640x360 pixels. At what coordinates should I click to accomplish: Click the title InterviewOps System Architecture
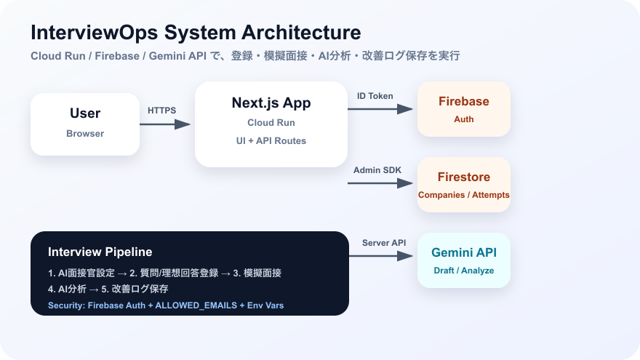click(x=196, y=33)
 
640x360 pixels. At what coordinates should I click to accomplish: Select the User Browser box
click(x=85, y=124)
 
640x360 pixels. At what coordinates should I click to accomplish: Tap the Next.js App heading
click(x=271, y=103)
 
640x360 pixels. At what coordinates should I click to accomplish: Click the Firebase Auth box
click(x=464, y=109)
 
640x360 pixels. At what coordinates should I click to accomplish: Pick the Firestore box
click(x=464, y=185)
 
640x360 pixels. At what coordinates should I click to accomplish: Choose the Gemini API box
click(x=464, y=260)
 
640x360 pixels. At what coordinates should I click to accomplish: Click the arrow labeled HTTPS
click(x=165, y=124)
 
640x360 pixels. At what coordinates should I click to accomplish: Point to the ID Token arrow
click(x=380, y=109)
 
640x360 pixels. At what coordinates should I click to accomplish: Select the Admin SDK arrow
click(x=380, y=183)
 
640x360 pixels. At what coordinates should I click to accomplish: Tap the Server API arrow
click(x=381, y=256)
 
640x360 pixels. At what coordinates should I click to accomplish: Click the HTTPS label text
click(x=161, y=111)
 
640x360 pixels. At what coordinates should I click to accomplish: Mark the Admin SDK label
click(x=377, y=170)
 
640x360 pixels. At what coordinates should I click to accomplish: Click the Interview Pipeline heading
click(x=100, y=252)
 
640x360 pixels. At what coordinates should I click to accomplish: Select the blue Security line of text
click(x=166, y=305)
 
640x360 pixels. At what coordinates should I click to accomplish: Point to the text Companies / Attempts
click(x=464, y=195)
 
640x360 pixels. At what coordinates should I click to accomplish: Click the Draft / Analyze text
click(x=464, y=271)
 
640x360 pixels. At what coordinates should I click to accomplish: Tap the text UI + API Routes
click(x=271, y=141)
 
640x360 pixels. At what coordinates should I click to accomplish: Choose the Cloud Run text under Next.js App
click(x=271, y=122)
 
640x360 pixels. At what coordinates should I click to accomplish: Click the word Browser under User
click(x=85, y=134)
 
